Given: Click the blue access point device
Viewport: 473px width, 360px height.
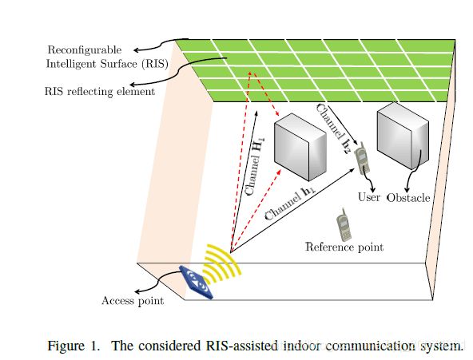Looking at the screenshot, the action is pyautogui.click(x=196, y=282).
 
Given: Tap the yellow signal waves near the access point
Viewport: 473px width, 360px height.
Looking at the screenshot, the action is pyautogui.click(x=222, y=263).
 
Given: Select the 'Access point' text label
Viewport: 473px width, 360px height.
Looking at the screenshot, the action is pyautogui.click(x=133, y=301).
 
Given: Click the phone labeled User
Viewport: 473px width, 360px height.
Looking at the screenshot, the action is pyautogui.click(x=362, y=159).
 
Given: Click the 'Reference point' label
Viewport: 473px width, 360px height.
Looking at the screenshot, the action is pyautogui.click(x=344, y=247).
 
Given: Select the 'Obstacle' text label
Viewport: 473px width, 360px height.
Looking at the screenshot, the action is pyautogui.click(x=408, y=198).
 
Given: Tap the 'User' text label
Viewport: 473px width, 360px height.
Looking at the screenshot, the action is pyautogui.click(x=368, y=197).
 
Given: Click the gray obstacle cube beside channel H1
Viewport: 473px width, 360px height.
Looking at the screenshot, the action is pyautogui.click(x=300, y=147).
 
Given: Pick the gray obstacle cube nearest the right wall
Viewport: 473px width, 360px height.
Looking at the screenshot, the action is pyautogui.click(x=403, y=136).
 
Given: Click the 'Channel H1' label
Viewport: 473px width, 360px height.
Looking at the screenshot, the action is pyautogui.click(x=254, y=166).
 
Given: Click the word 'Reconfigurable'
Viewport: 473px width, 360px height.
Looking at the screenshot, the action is pyautogui.click(x=85, y=50).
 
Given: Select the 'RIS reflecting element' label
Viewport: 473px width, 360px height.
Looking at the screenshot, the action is pyautogui.click(x=100, y=91).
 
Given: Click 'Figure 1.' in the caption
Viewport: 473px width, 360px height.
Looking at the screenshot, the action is pyautogui.click(x=74, y=346).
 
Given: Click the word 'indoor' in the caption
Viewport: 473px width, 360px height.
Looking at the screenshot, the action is pyautogui.click(x=300, y=346).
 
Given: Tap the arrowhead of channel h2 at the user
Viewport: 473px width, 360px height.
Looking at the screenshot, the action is pyautogui.click(x=356, y=142).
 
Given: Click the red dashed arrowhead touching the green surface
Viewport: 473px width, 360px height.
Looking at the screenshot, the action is pyautogui.click(x=250, y=73).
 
